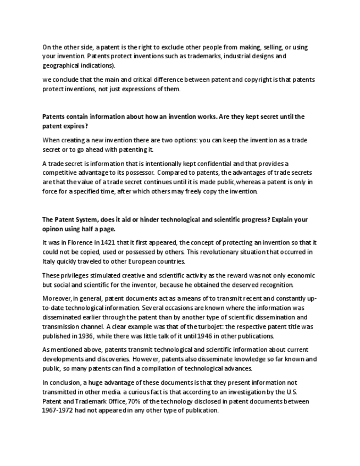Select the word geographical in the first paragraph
62,65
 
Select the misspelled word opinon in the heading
55,229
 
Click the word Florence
80,242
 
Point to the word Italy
49,261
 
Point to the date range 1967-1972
60,410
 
